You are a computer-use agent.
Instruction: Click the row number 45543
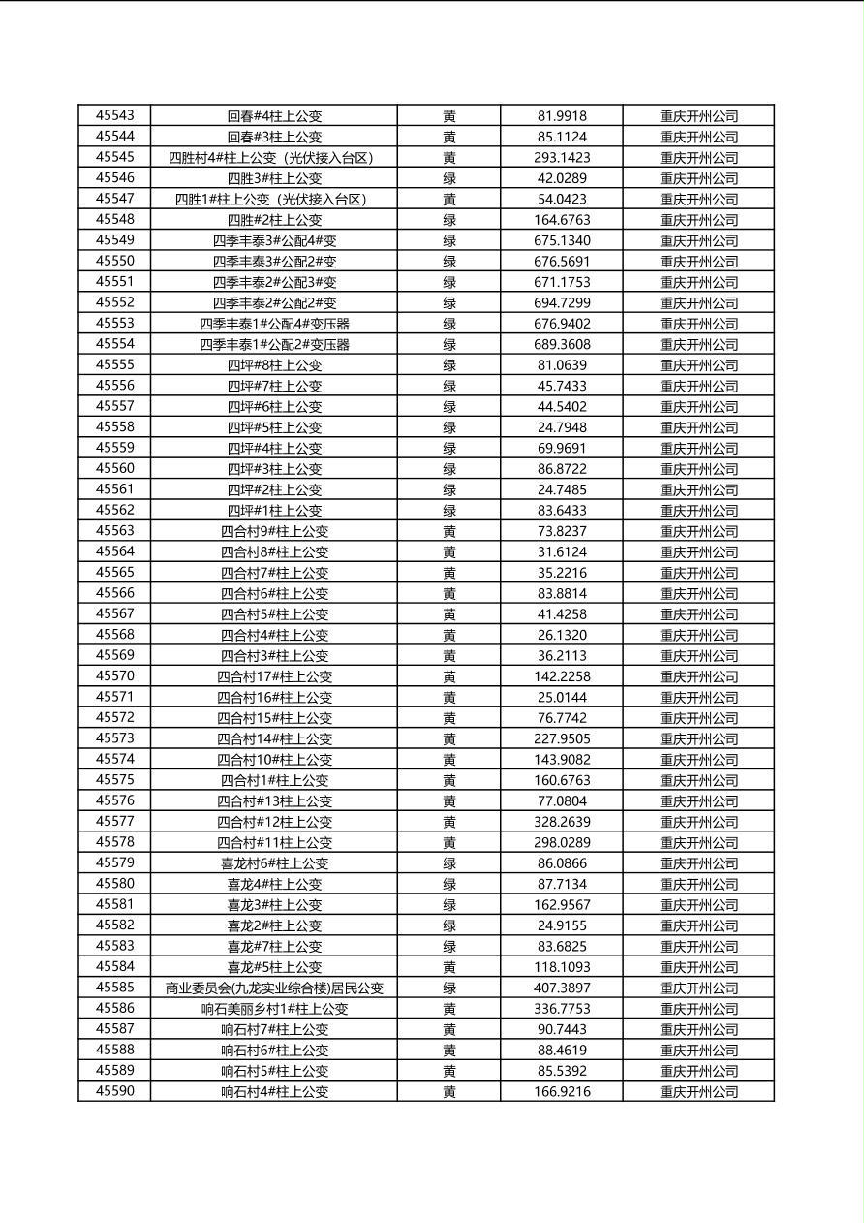coord(115,115)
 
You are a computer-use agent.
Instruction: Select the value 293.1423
coord(562,157)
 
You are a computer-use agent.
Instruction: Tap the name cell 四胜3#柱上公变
coord(274,178)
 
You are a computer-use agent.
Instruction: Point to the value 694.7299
coord(562,302)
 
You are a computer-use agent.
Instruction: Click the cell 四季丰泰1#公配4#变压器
coord(274,324)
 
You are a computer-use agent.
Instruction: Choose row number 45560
coord(115,468)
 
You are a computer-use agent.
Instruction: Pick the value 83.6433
coord(562,510)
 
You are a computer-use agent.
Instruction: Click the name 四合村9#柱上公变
coord(274,531)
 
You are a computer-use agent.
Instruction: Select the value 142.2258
coord(562,676)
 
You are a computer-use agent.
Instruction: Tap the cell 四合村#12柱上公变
coord(274,822)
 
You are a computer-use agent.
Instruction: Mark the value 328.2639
coord(562,822)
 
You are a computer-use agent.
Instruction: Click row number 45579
coord(115,862)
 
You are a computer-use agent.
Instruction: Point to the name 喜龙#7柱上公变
coord(274,946)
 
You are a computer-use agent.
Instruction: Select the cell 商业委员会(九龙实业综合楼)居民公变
coord(274,988)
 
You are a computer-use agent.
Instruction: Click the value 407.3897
coord(562,988)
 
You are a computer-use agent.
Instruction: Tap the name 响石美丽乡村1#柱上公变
coord(274,1009)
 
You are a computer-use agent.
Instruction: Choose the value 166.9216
coord(562,1091)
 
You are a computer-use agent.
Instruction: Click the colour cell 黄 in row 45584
coord(449,967)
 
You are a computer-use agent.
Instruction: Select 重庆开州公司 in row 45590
coord(698,1091)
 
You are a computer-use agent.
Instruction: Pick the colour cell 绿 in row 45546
coord(449,178)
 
